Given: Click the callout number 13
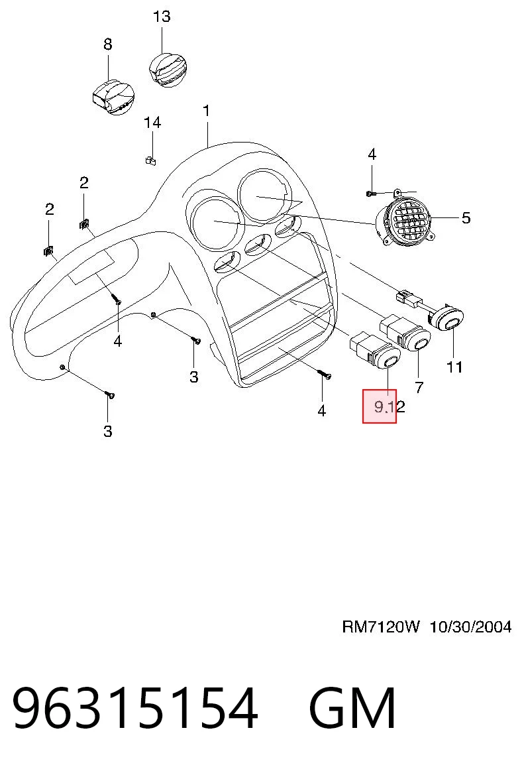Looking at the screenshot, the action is click(162, 17).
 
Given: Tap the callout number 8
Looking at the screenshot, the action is click(108, 44).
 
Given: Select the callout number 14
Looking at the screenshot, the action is click(152, 122).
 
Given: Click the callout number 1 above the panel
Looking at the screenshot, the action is click(207, 111).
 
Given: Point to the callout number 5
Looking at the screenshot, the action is click(466, 217).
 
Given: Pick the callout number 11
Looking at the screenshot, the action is click(454, 367).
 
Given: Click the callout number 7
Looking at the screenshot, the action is click(419, 387).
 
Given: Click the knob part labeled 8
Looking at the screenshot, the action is click(113, 97).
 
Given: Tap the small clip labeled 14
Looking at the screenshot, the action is click(150, 160).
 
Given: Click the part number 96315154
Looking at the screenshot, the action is click(135, 708).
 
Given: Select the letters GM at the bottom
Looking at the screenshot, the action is click(352, 708).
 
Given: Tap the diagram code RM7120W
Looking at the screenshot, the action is click(381, 627).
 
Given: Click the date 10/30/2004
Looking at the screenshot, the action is click(471, 627).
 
